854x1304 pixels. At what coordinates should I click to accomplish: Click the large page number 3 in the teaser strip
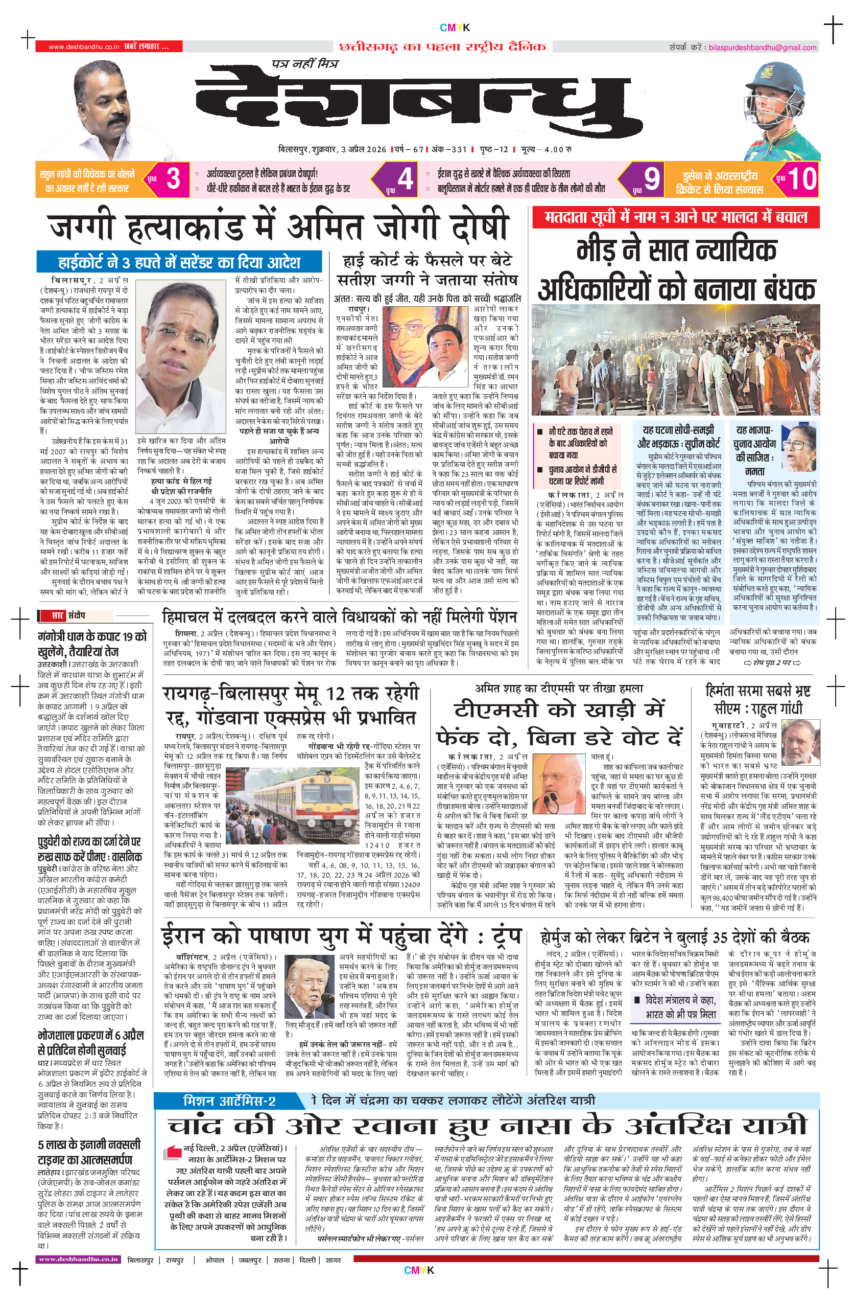coord(173,178)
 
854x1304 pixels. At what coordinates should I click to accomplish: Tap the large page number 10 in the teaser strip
coord(801,178)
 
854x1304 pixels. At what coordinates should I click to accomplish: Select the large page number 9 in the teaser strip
coord(651,178)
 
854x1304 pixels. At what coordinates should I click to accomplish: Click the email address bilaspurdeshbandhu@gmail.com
coord(762,48)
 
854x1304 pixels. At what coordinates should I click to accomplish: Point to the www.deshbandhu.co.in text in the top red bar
coord(83,47)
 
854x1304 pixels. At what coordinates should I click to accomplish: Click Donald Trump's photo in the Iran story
coord(310,994)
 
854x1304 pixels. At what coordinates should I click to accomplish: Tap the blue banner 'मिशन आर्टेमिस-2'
coord(229,1100)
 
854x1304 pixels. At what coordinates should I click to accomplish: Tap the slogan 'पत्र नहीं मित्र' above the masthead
coord(304,63)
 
